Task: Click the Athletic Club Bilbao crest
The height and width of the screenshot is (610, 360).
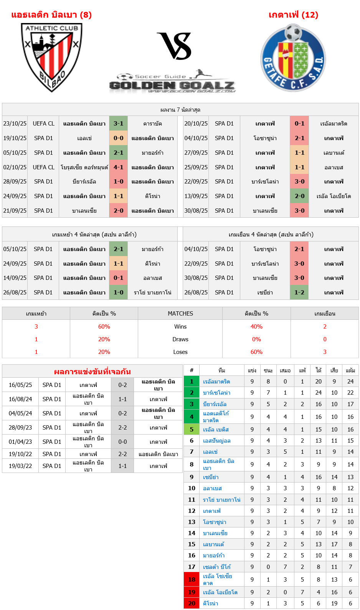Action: coord(51,57)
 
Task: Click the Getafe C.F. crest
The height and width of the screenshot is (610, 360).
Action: coord(293,58)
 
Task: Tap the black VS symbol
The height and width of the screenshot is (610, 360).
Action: coord(175,46)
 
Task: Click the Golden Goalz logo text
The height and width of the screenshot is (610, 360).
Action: coord(172,85)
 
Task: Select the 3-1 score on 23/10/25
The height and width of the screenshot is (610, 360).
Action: coord(119,124)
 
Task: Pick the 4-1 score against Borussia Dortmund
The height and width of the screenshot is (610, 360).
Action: coord(119,167)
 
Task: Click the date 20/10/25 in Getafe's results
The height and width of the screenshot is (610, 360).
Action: coord(196,124)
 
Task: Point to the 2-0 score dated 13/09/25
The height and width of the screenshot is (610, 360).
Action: coord(299,196)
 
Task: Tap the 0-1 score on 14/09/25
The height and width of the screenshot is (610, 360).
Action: coord(119,278)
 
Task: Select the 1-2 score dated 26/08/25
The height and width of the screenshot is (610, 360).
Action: coord(299,293)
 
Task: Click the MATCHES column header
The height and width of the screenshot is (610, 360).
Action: coord(180,314)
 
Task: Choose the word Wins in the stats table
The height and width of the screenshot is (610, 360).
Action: coord(180,327)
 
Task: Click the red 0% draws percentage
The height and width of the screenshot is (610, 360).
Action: coord(256,339)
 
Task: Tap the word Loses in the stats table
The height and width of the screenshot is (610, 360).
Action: coord(180,352)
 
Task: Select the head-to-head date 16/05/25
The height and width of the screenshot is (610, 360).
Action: coord(20,385)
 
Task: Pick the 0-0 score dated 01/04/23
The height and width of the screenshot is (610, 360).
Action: coord(122,442)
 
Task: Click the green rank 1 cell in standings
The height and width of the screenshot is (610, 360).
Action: coord(192,382)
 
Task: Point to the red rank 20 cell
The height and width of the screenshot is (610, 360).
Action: coord(192,603)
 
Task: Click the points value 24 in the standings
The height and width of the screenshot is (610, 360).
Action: coord(350,382)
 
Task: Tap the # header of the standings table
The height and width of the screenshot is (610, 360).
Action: coord(192,370)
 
